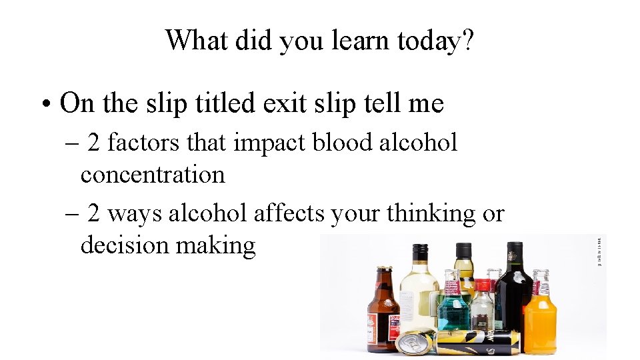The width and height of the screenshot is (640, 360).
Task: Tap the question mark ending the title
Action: click(468, 41)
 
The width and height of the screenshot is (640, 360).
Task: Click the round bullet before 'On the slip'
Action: click(44, 105)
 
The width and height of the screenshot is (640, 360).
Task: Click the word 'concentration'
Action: click(153, 175)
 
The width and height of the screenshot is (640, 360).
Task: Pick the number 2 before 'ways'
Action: click(94, 213)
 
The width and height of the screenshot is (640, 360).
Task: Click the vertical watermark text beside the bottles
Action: click(599, 253)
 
